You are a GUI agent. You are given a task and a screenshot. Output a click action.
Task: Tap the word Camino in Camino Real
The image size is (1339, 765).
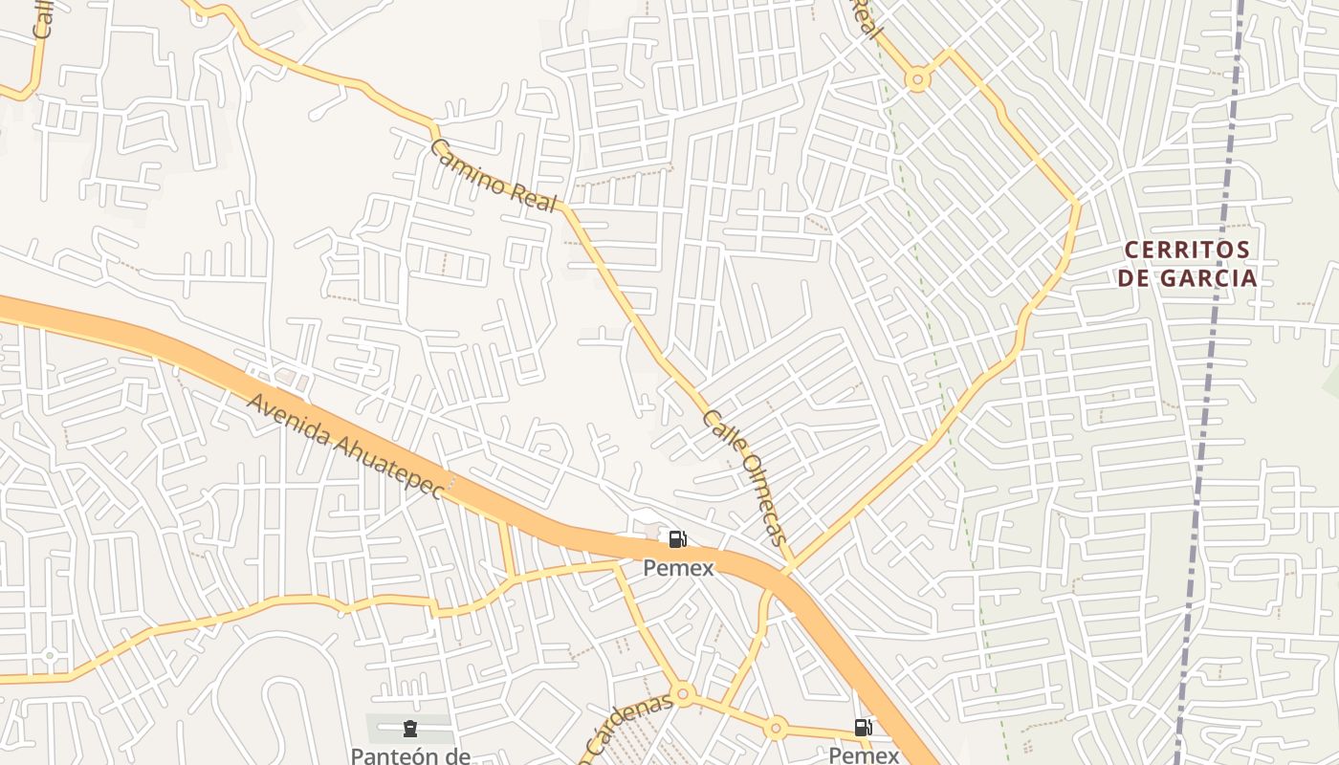pyautogui.click(x=466, y=162)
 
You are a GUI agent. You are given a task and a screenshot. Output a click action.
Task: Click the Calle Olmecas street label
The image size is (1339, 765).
pyautogui.click(x=745, y=477)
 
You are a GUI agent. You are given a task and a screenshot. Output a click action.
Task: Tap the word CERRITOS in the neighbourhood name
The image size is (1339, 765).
pyautogui.click(x=1186, y=251)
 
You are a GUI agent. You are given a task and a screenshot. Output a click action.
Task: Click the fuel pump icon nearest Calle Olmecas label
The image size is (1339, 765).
pyautogui.click(x=677, y=540)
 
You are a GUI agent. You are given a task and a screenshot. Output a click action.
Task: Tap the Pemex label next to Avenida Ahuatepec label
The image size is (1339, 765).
pyautogui.click(x=677, y=568)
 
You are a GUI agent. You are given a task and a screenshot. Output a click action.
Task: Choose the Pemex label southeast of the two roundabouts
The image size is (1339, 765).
pyautogui.click(x=863, y=755)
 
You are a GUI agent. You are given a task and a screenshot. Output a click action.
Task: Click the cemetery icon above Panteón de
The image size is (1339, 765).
pyautogui.click(x=410, y=730)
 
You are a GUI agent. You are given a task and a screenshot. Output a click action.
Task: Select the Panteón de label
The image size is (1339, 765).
pyautogui.click(x=409, y=755)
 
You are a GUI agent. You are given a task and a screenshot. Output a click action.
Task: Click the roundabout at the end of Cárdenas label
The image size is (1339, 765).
pyautogui.click(x=682, y=693)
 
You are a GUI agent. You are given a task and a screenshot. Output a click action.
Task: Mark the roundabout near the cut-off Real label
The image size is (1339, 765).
pyautogui.click(x=918, y=79)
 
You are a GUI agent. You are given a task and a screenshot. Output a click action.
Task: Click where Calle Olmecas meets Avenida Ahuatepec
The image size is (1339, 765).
pyautogui.click(x=788, y=571)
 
